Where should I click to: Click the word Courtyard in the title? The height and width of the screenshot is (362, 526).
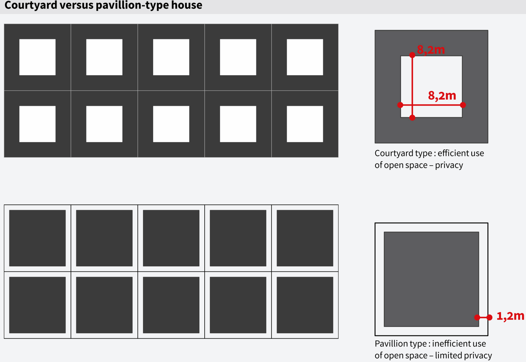coord(31,5)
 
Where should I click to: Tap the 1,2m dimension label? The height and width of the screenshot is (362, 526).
coord(510,316)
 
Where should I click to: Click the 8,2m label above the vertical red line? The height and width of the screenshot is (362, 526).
coord(431,50)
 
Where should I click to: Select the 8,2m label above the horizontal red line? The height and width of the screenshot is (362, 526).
coord(442,96)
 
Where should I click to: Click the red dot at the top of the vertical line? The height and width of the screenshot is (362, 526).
coord(412,55)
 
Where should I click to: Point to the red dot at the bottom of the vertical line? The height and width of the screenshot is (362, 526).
coord(412,118)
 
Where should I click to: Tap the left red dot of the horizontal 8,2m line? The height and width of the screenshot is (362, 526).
coord(400,105)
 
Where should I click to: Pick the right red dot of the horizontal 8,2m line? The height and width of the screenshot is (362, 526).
coord(463,105)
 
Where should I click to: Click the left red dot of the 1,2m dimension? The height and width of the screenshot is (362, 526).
coord(477,317)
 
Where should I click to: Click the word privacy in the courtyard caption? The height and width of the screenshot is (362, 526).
coord(449,165)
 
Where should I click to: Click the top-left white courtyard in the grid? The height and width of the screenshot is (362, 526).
coord(37,57)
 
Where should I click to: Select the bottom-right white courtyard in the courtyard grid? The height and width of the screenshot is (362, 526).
coord(305,124)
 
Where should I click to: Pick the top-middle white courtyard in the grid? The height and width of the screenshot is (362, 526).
coord(171,57)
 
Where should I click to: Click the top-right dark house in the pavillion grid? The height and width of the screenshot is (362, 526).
coord(305,238)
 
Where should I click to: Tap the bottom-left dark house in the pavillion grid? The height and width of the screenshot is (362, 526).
coord(37,305)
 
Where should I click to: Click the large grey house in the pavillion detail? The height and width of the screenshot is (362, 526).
coord(431,279)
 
